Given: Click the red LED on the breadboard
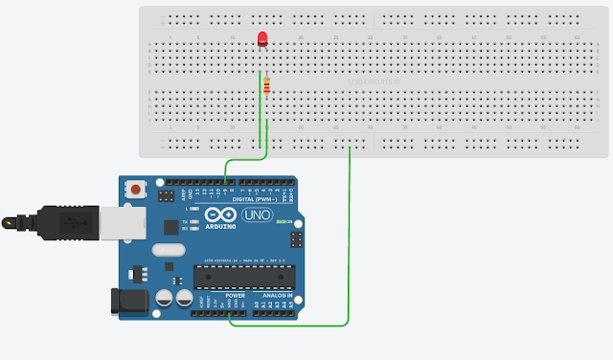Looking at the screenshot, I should point(262,39).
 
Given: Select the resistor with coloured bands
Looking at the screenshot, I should point(266,86).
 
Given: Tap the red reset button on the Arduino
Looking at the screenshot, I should point(136,190).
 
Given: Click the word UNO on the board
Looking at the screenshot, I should point(260,215).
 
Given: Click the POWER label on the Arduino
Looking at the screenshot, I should point(236,295).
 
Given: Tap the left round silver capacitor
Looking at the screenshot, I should point(163,298).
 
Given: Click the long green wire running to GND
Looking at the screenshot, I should point(350,239).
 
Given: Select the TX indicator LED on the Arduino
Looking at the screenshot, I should point(195,221).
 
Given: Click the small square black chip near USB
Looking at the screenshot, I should point(172,226).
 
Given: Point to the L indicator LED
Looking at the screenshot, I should point(195,208).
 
